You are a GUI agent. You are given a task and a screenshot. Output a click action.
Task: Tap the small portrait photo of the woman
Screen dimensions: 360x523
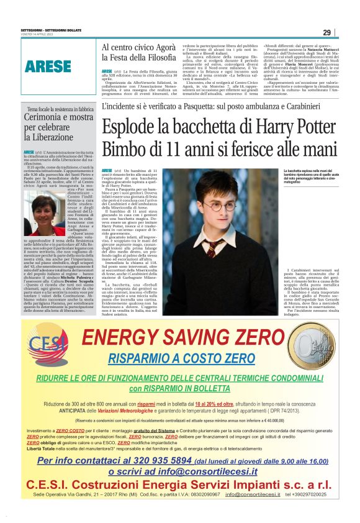click(42, 216)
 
